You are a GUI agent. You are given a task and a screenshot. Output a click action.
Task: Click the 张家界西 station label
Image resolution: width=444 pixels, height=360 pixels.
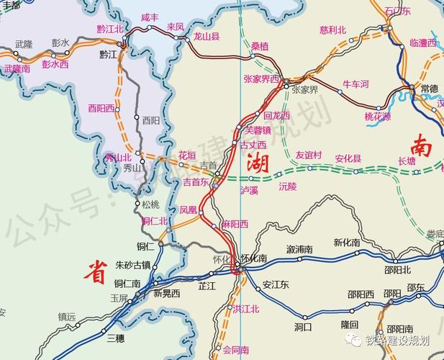[261, 78]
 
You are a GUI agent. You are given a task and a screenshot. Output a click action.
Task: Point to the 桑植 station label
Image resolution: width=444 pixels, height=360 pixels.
[259, 45]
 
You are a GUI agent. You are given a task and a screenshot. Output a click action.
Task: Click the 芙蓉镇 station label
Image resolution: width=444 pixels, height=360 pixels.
[258, 130]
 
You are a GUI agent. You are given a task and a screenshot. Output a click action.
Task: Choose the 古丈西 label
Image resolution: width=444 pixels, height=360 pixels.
[253, 145]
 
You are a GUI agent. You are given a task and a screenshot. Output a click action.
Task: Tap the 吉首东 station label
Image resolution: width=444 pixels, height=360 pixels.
[195, 182]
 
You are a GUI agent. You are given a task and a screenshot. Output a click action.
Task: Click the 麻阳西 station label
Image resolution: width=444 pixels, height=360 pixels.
[235, 224]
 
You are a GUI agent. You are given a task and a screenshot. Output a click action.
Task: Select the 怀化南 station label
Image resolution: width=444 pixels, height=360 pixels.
[254, 258]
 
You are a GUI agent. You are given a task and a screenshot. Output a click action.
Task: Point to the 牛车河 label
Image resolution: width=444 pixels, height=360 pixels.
[355, 84]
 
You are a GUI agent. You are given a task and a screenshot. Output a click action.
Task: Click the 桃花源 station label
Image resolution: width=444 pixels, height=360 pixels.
[377, 116]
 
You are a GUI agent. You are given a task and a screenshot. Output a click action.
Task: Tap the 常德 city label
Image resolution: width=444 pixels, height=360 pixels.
[429, 88]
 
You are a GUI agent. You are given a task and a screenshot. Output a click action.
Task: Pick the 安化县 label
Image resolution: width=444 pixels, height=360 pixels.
[348, 158]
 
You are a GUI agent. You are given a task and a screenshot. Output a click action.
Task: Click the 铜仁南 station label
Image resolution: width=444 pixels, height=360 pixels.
[127, 283]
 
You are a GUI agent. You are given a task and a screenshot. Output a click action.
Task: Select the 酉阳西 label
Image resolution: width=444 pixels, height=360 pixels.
[101, 108]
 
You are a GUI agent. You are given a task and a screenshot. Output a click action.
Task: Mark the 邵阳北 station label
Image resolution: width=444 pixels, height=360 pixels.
[397, 270]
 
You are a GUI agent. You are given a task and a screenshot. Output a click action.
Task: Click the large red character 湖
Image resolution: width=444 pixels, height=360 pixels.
[258, 164]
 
